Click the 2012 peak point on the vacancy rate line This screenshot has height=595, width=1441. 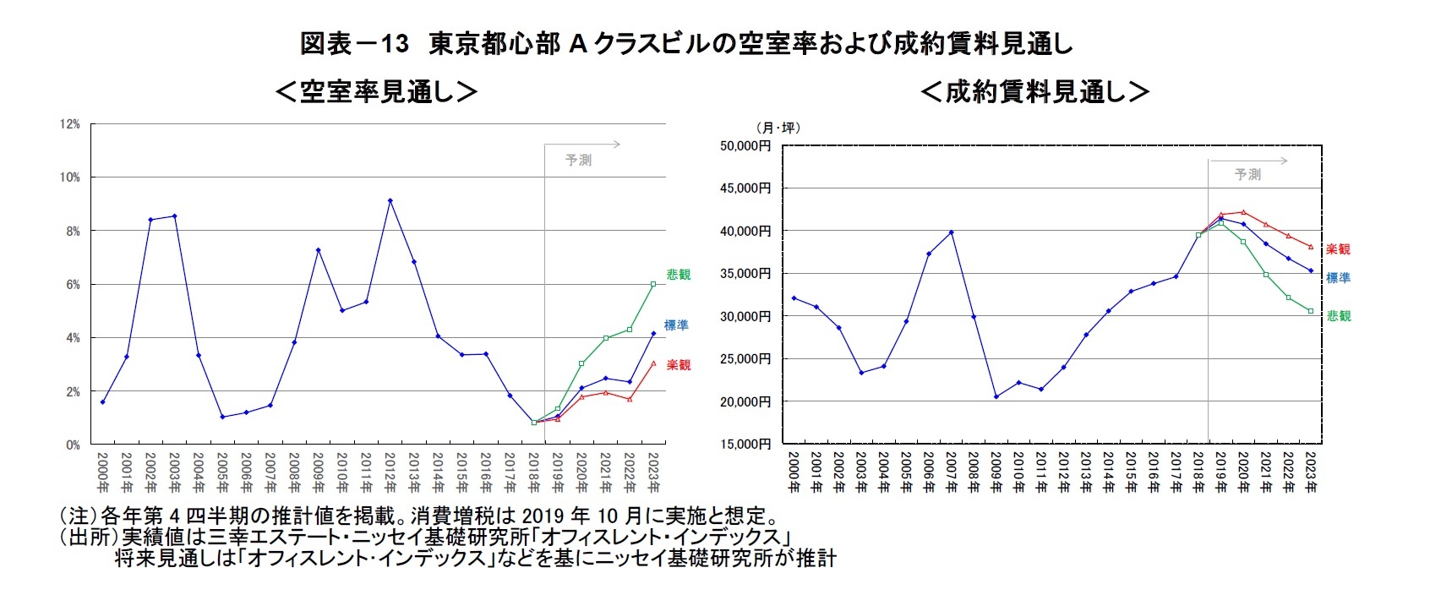tap(390, 200)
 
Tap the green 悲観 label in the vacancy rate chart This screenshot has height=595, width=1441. tap(678, 275)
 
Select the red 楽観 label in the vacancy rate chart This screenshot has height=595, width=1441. tap(678, 365)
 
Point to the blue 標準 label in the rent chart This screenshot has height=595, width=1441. tap(1338, 278)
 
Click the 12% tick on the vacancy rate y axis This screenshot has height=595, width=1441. tap(69, 124)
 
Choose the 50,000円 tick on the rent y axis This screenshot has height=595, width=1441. tap(745, 145)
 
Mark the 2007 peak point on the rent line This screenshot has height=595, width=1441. tap(951, 232)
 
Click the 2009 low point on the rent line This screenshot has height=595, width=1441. tap(996, 396)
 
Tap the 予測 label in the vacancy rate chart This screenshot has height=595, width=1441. tap(578, 160)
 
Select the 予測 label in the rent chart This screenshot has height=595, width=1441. tap(1247, 174)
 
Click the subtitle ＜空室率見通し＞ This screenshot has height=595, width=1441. tap(376, 91)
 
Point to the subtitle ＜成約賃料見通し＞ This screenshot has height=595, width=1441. tap(1034, 91)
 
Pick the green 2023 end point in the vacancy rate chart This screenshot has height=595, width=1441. tap(653, 284)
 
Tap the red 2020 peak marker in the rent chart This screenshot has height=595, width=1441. tap(1243, 212)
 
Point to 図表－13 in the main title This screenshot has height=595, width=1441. tap(354, 44)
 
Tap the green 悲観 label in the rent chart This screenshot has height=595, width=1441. tap(1339, 316)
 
